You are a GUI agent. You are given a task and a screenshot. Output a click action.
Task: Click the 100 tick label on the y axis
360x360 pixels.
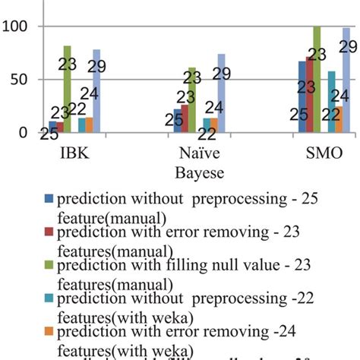[15, 27]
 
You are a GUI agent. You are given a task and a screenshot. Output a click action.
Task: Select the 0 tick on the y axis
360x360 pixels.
[24, 132]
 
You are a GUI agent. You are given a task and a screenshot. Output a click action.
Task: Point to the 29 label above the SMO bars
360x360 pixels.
[348, 47]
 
